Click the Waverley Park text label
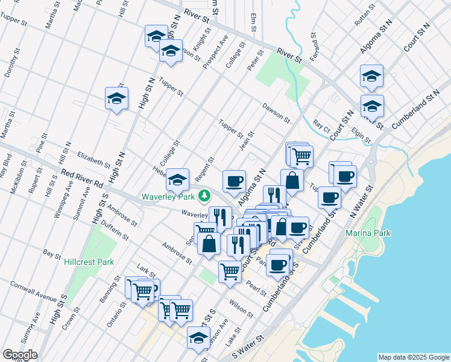168,197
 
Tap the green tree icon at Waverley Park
205,195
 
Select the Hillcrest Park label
89,262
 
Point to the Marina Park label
368,233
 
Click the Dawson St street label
276,111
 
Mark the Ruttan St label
361,17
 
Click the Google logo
19,355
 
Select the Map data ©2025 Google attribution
413,357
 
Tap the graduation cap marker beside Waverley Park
177,179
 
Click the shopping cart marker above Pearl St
230,271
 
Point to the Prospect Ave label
215,51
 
